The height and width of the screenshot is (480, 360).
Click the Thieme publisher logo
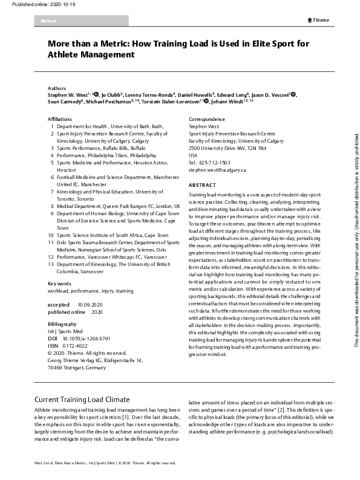[x=319, y=20]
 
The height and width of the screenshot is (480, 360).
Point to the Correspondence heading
[x=207, y=119]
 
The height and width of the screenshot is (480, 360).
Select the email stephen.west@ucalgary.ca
[x=217, y=170]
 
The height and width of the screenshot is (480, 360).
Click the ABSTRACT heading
[x=202, y=185]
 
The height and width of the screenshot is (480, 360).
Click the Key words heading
[x=59, y=284]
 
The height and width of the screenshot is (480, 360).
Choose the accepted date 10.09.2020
[x=89, y=304]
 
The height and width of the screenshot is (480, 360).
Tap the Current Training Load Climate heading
[x=82, y=400]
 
